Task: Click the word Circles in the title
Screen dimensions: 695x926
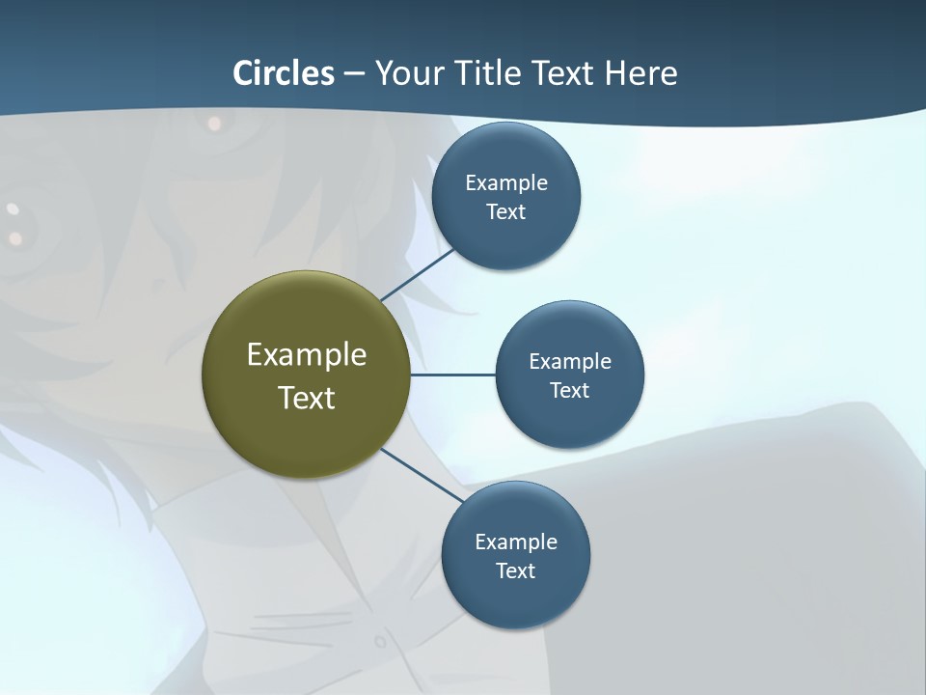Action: point(284,73)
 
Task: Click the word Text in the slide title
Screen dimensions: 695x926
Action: point(563,73)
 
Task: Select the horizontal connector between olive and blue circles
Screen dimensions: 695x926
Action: point(452,375)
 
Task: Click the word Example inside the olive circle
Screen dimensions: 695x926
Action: point(307,355)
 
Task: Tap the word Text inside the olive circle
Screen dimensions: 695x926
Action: point(307,398)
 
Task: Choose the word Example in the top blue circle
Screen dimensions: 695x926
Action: point(506,182)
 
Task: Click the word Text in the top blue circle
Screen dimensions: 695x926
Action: point(505,212)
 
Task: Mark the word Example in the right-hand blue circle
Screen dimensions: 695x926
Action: point(570,361)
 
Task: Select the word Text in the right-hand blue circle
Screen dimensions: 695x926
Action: point(569,391)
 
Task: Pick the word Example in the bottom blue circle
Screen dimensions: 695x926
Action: point(516,542)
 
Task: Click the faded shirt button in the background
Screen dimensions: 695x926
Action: point(380,641)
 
